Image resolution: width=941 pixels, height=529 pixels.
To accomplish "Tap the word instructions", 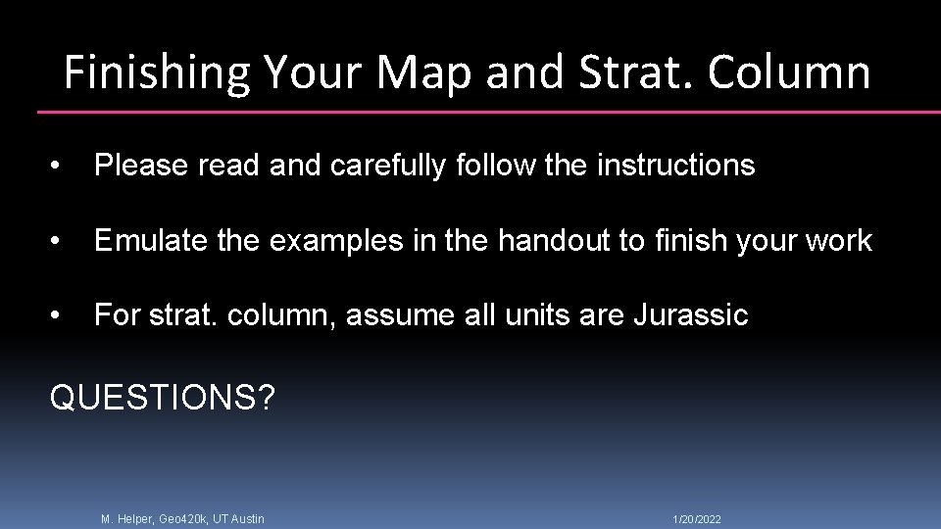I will pyautogui.click(x=675, y=166).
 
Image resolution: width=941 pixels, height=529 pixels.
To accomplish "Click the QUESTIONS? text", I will pyautogui.click(x=163, y=398).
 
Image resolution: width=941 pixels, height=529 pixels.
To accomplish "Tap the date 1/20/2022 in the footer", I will pyautogui.click(x=697, y=518).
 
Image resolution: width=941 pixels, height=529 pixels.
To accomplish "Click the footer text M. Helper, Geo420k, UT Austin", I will pyautogui.click(x=182, y=518).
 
